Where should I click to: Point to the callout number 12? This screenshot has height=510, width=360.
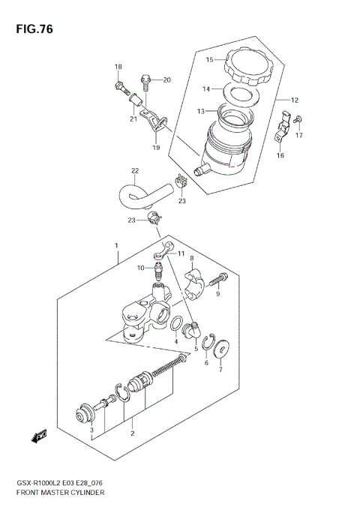point(295,100)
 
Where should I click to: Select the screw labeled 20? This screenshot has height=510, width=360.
point(147,79)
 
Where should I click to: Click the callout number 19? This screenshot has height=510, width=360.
point(157,148)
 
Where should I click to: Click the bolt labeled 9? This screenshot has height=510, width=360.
point(220,281)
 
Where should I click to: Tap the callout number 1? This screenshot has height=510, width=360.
point(116,246)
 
